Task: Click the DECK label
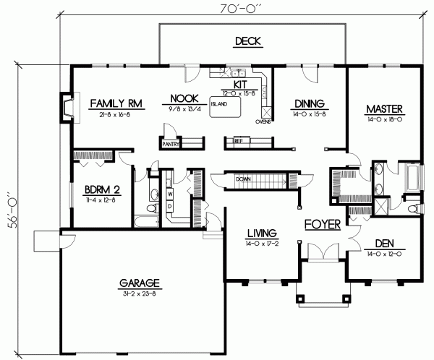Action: point(247,41)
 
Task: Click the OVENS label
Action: point(263,122)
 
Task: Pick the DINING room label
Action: point(309,103)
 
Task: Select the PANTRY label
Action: point(171,144)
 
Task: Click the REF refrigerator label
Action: point(238,142)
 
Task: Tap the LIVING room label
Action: point(262,233)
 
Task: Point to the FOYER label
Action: point(323,225)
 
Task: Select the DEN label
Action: point(383,244)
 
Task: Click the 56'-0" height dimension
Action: point(10,210)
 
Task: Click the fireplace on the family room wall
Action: point(66,106)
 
